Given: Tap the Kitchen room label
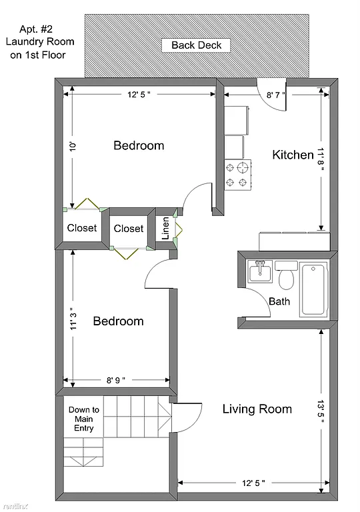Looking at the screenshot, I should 293,155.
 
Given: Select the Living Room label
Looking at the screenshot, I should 257,409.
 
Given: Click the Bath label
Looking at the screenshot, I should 279,301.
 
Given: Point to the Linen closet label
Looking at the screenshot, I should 165,228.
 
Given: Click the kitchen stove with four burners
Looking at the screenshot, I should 237,174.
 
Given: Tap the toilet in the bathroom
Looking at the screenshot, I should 287,274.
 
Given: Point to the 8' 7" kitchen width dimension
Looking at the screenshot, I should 276,95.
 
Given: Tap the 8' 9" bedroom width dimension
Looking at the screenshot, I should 117,381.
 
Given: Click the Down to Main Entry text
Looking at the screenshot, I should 84,419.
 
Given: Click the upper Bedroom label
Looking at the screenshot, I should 138,145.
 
